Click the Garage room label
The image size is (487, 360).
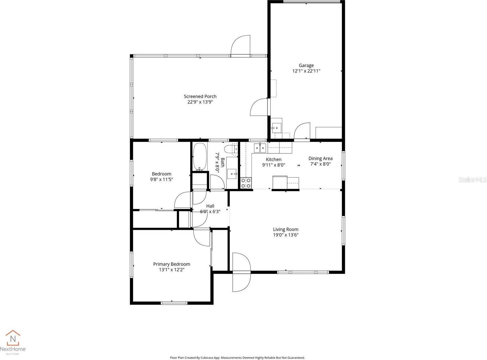point(306,65)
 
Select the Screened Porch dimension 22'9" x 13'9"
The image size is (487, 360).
point(200,102)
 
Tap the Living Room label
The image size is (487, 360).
point(285,229)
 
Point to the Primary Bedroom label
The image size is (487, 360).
point(172,264)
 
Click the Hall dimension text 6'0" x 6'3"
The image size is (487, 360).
point(210,212)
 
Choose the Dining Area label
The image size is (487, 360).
point(320,159)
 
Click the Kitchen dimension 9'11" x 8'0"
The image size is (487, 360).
point(273,165)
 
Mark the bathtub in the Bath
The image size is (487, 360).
point(200,157)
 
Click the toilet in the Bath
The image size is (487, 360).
point(231,149)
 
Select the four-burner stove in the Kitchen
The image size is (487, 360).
point(246,183)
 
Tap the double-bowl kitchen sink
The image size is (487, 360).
point(260,147)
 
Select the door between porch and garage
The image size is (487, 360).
point(260,107)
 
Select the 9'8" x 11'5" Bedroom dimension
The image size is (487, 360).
point(161,180)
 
